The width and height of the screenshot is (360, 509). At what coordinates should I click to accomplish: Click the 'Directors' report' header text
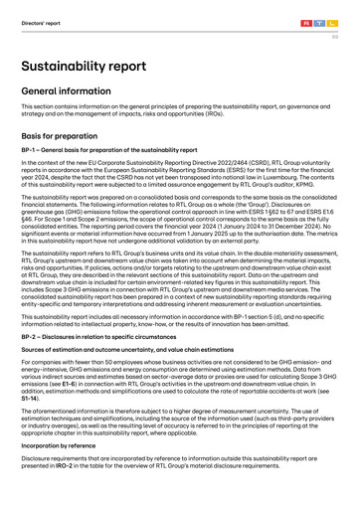[36, 9]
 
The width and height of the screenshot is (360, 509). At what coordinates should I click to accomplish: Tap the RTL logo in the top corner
[323, 9]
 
